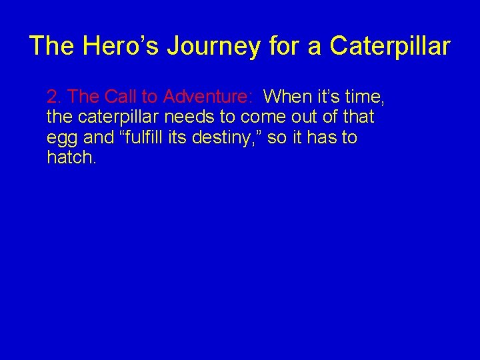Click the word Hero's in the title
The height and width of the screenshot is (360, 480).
tap(121, 46)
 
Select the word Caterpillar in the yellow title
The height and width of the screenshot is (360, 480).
tap(390, 46)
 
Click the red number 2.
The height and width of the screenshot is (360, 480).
tap(53, 97)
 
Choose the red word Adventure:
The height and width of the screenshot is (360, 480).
tap(207, 97)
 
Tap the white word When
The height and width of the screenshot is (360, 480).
tap(287, 97)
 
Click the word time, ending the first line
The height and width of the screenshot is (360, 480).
tap(363, 97)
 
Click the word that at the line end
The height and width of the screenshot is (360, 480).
tap(358, 117)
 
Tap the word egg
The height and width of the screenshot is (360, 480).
tap(62, 139)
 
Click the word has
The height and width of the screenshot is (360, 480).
tap(323, 138)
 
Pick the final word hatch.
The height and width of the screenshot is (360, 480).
tap(71, 159)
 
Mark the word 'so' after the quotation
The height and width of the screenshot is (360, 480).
tap(276, 138)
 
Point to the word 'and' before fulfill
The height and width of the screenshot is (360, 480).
tap(99, 138)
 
